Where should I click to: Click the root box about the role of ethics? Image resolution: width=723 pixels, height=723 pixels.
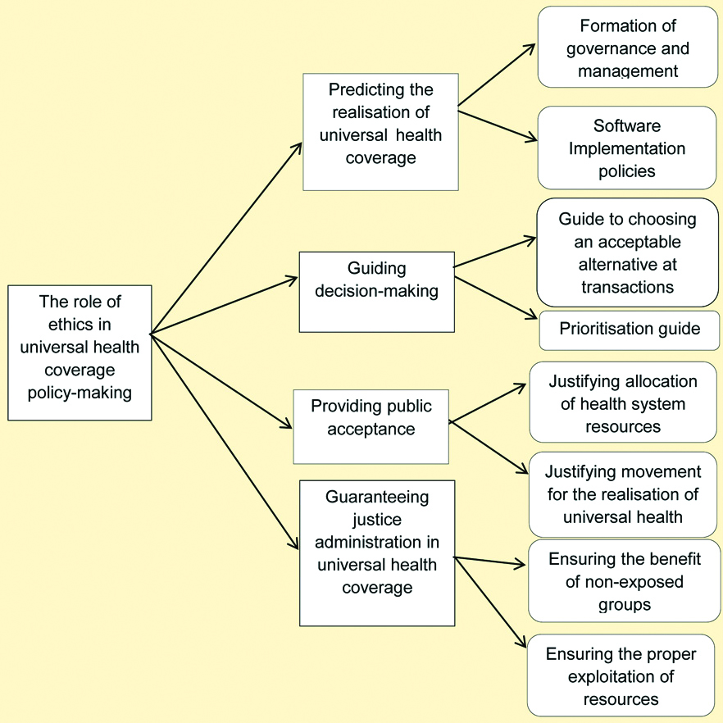[80, 352]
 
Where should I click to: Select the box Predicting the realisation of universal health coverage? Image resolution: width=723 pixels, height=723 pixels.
[380, 132]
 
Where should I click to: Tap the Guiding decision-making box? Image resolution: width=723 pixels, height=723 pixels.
[376, 292]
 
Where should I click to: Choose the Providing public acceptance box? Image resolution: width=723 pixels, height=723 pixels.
[371, 426]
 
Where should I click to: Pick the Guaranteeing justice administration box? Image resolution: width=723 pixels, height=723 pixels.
[377, 553]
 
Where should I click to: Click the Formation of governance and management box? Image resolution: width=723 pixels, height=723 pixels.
[627, 47]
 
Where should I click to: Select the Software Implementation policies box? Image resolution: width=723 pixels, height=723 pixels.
[627, 148]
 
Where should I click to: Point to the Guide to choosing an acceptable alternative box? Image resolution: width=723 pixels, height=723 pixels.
[627, 252]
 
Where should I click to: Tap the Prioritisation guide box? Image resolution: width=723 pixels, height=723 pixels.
[630, 330]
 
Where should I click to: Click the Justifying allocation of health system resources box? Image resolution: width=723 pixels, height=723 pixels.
[623, 402]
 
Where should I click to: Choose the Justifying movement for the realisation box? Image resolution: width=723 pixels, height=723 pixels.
[623, 494]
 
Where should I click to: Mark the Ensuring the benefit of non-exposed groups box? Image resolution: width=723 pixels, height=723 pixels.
[623, 581]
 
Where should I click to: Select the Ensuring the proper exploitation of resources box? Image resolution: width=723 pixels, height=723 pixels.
[621, 675]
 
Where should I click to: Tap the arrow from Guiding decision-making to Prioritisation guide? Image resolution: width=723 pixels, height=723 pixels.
[495, 298]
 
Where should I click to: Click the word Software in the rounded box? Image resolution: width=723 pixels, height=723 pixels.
[627, 127]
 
